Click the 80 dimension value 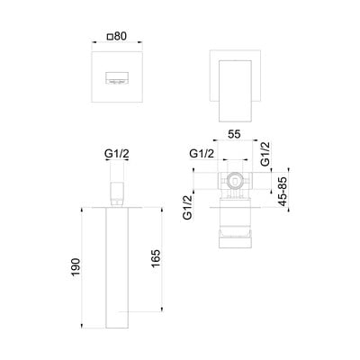[x=120, y=36]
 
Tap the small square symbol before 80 [x=111, y=37]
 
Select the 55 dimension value [x=234, y=134]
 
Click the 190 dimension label [x=76, y=267]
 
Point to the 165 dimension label [x=156, y=258]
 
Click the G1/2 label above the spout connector [x=117, y=154]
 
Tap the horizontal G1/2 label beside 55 [x=202, y=154]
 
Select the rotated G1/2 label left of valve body [x=187, y=207]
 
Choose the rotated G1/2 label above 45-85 [x=265, y=154]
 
